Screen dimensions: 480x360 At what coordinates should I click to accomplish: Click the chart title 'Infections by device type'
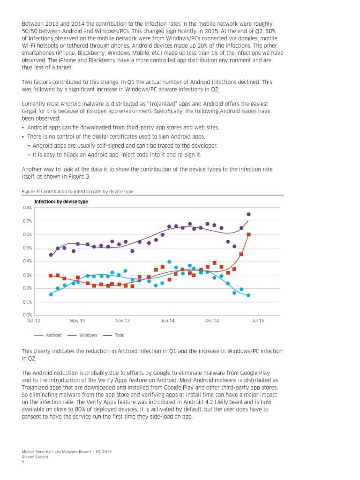click(61, 202)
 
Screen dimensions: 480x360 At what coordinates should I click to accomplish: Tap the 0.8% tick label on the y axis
click(27, 207)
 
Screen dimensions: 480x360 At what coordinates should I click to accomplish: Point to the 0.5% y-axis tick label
click(27, 248)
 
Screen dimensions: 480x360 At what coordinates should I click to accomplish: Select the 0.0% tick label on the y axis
click(27, 315)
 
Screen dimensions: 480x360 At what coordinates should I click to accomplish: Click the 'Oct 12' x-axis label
click(34, 321)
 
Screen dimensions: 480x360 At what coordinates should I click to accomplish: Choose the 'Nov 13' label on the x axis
click(122, 321)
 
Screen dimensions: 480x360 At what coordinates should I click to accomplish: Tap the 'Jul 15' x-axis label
click(258, 321)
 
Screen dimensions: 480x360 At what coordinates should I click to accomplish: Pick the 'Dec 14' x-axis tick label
click(212, 321)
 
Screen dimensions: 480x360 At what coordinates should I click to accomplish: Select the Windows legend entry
click(82, 335)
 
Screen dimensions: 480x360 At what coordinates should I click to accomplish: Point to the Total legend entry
click(113, 335)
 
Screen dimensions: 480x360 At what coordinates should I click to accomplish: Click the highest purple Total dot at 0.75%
click(248, 214)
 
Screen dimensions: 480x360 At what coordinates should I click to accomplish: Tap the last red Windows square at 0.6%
click(248, 234)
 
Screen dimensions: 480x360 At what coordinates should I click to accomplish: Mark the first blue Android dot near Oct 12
click(51, 294)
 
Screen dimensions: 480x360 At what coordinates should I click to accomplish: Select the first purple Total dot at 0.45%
click(51, 255)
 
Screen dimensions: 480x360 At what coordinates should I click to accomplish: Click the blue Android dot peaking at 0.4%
click(169, 262)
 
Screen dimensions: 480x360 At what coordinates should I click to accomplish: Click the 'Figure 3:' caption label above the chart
click(31, 192)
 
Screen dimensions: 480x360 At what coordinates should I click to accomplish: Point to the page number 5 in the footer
click(23, 461)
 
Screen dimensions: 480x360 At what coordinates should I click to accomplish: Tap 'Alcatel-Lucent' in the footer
click(35, 457)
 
